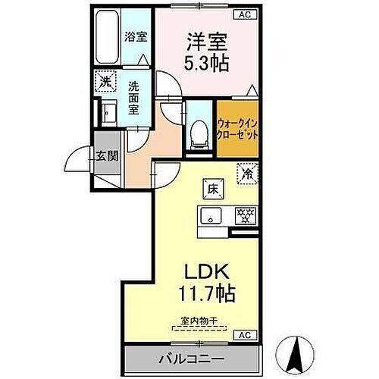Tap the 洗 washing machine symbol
pyautogui.click(x=104, y=81)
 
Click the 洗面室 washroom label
pyautogui.click(x=134, y=98)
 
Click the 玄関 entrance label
pyautogui.click(x=107, y=157)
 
